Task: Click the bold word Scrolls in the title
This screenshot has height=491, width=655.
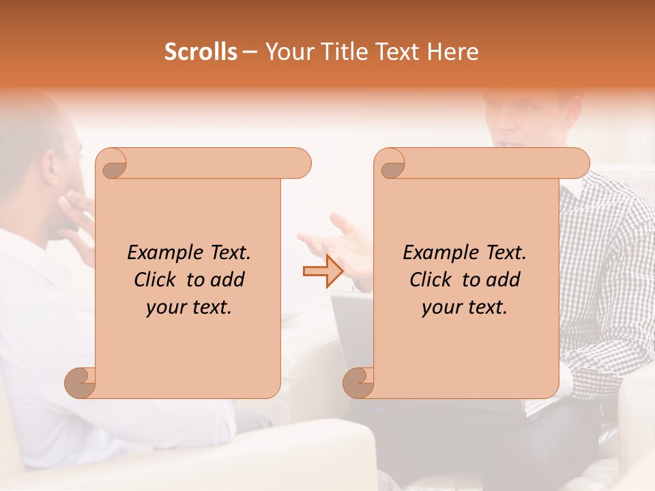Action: tap(201, 52)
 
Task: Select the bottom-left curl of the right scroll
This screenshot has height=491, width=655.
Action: tap(360, 383)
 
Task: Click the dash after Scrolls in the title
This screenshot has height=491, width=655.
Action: tap(250, 53)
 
